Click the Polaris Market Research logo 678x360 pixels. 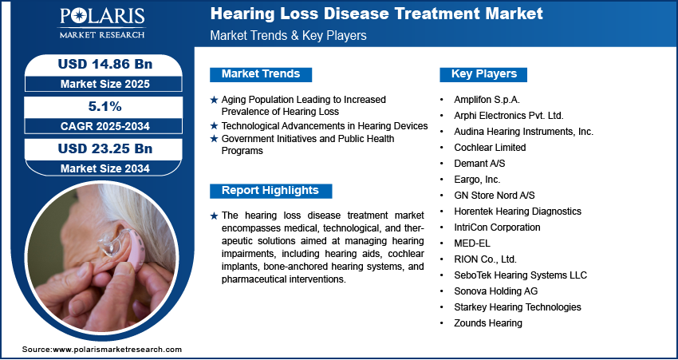click(102, 23)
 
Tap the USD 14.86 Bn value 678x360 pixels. click(105, 65)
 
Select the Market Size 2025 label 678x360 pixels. click(105, 84)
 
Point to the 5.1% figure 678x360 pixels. click(104, 106)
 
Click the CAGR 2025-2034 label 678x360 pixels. click(105, 126)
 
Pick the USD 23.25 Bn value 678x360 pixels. click(105, 148)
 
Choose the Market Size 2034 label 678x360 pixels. click(105, 168)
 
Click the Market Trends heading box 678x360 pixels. click(261, 74)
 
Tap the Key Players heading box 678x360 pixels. click(483, 74)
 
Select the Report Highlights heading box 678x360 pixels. click(270, 191)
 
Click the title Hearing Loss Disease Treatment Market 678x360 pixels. click(376, 14)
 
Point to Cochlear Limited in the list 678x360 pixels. click(490, 148)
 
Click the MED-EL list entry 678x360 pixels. click(472, 243)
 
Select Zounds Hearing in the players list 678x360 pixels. click(488, 323)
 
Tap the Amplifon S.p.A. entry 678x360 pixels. click(487, 100)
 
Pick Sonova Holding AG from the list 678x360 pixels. click(496, 291)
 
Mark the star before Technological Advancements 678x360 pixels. click(214, 126)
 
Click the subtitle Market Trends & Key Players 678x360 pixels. click(289, 35)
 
